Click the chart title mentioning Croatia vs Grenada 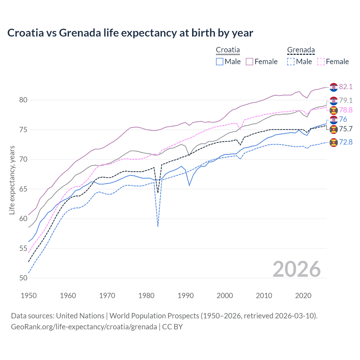pyautogui.click(x=130, y=33)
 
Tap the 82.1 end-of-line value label pyautogui.click(x=346, y=87)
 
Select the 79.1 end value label pyautogui.click(x=346, y=100)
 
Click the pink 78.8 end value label pyautogui.click(x=346, y=110)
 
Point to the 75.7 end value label pyautogui.click(x=346, y=129)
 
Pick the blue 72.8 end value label pyautogui.click(x=346, y=142)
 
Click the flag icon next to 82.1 pyautogui.click(x=334, y=87)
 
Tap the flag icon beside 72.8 pyautogui.click(x=334, y=143)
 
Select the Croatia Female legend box pyautogui.click(x=249, y=62)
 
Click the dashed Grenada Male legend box pyautogui.click(x=291, y=62)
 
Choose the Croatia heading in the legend pyautogui.click(x=228, y=50)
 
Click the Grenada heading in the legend pyautogui.click(x=301, y=50)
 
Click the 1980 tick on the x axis pyautogui.click(x=147, y=296)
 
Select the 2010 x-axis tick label pyautogui.click(x=264, y=296)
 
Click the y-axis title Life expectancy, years pyautogui.click(x=12, y=180)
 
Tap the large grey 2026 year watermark pyautogui.click(x=296, y=269)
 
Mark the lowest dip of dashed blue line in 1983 pyautogui.click(x=158, y=226)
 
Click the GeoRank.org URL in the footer pyautogui.click(x=84, y=327)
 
